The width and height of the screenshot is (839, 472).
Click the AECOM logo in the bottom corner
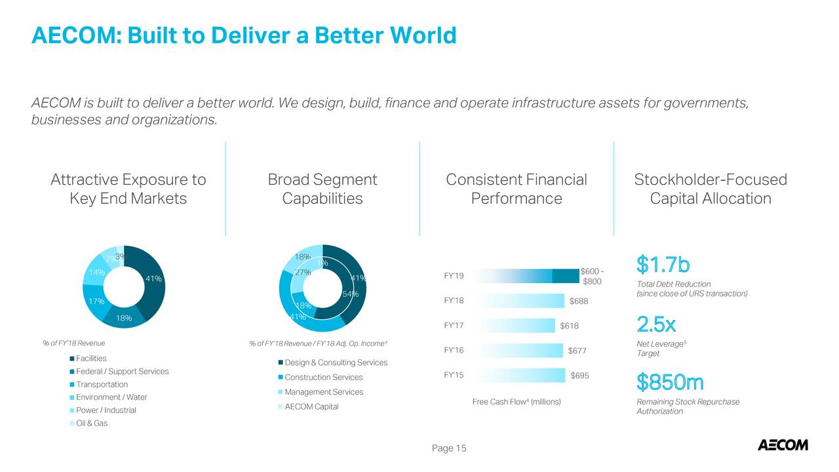point(783,445)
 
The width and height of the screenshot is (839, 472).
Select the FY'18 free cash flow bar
point(518,301)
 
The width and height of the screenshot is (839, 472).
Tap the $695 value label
point(580,376)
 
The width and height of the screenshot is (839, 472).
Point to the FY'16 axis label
point(454,351)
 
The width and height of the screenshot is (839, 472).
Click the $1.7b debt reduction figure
point(663,265)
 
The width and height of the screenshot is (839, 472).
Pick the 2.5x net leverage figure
point(656,324)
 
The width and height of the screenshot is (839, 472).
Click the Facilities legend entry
point(90,359)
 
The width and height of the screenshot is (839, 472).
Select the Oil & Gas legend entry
point(91,423)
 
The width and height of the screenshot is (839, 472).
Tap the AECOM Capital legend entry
point(311,406)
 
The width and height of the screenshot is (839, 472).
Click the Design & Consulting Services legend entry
point(336,363)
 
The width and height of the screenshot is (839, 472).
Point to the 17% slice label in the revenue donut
point(96,302)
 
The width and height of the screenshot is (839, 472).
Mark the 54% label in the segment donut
point(350,294)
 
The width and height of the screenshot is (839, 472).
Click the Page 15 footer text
point(449,448)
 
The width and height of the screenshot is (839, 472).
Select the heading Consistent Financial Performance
point(517,189)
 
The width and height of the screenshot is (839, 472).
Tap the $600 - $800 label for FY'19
point(592,277)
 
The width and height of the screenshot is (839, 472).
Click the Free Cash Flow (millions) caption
point(517,401)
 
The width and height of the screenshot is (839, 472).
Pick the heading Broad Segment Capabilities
point(322,189)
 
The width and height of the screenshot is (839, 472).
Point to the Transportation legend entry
point(102,385)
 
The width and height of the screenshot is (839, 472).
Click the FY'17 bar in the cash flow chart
point(513,326)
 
